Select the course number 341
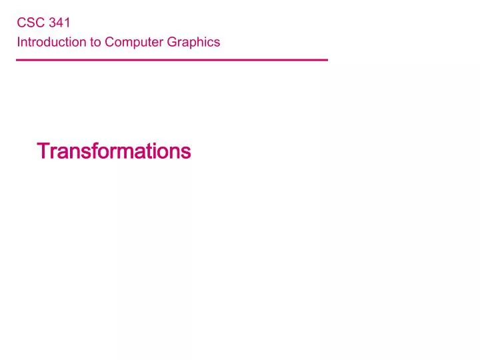[x=59, y=23]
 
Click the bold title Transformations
[x=114, y=151]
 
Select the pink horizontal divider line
[x=172, y=60]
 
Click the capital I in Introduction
[x=19, y=42]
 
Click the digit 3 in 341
[x=53, y=23]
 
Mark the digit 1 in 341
[x=67, y=23]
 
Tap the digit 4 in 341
[x=59, y=23]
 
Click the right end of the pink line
[x=327, y=60]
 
